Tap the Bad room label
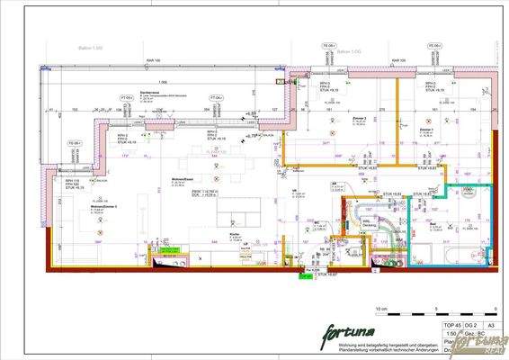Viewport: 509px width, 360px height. coord(433,221)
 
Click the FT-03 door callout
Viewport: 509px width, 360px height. coord(128,96)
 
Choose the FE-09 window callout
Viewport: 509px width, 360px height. coord(434,45)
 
